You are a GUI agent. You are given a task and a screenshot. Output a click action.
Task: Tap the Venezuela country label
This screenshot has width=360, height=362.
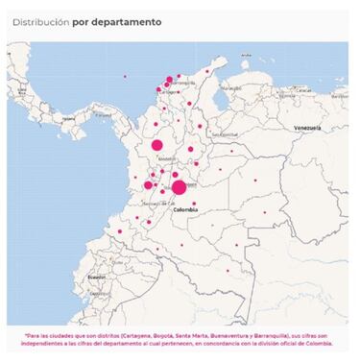[x=307, y=128]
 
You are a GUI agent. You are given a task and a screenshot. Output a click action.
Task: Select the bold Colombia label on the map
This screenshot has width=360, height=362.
[x=185, y=208]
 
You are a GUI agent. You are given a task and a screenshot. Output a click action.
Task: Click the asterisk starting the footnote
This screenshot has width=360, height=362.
[x=27, y=335]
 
